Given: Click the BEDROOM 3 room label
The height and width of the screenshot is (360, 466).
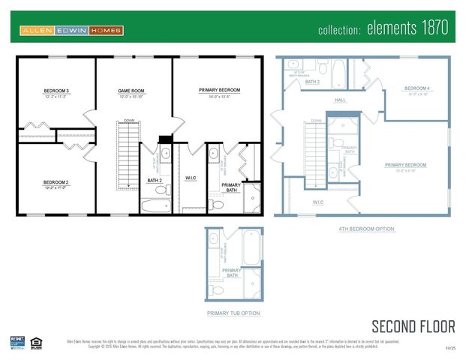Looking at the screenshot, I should [x=56, y=91].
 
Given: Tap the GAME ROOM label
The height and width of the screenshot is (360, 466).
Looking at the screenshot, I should [x=131, y=91].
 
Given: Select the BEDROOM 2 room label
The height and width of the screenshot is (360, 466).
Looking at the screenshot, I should [x=56, y=182].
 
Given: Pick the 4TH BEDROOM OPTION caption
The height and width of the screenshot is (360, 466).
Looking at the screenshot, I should [x=367, y=229].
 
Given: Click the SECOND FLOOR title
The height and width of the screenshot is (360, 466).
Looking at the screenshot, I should [x=413, y=326].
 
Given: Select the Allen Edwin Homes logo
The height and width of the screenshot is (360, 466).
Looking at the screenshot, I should [x=72, y=31].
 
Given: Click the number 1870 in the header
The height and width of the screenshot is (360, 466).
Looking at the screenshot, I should [x=433, y=29].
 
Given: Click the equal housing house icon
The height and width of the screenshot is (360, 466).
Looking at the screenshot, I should [x=36, y=342].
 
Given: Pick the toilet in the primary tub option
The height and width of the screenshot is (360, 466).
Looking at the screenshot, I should [x=217, y=289].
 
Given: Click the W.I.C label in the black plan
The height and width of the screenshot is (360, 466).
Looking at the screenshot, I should [x=190, y=178].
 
